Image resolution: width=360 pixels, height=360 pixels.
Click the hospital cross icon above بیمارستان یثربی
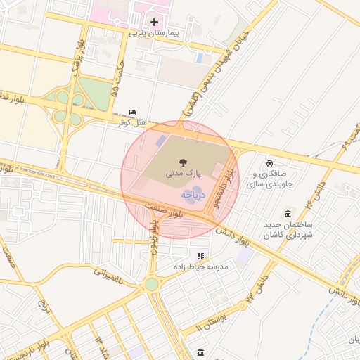pos(155,22)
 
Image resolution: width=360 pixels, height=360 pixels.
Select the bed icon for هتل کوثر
pos(134,112)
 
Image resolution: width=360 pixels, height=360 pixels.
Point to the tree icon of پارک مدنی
pos(184,161)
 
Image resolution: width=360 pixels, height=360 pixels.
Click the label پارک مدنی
pos(184,172)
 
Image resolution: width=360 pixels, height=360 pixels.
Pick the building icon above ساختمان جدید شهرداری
pos(288,213)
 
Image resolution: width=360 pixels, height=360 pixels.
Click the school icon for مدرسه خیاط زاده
pos(200,257)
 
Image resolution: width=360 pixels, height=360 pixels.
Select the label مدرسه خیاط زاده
pos(200,268)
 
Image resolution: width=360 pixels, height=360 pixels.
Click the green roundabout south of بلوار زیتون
pos(152,284)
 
